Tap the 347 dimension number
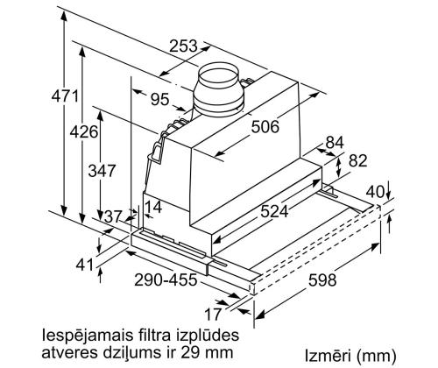click(x=102, y=171)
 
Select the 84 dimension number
click(x=335, y=142)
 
